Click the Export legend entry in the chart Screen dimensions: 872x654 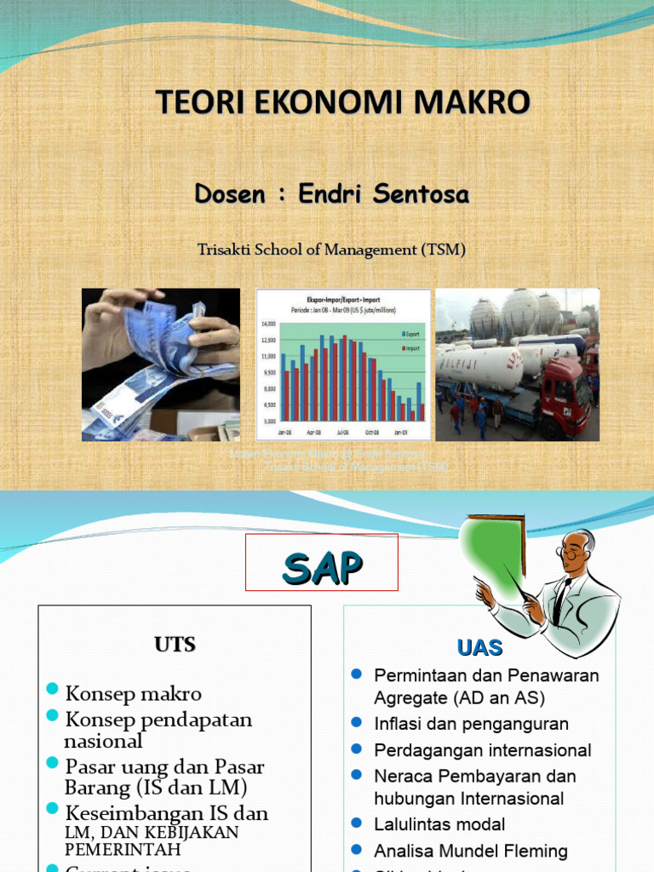point(411,334)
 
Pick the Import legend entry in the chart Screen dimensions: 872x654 point(411,347)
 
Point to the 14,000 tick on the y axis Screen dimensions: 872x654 point(269,324)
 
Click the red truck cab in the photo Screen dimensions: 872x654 point(564,397)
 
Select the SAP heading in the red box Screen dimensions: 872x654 point(322,568)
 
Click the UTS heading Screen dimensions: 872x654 point(175,645)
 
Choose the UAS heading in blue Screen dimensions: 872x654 point(479,648)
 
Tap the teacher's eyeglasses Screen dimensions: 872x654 point(571,553)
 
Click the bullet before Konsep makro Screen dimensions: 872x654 point(53,689)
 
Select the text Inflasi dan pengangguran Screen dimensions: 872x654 point(471,724)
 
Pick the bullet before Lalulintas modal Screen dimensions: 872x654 point(357,823)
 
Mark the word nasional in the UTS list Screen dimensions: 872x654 point(103,742)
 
